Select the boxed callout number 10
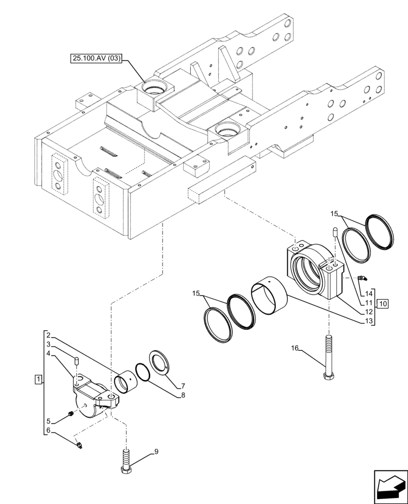382,303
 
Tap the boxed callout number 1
37,378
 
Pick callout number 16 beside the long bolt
295,348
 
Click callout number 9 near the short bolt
156,452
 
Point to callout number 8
183,396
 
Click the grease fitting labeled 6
79,444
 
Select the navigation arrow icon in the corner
389,486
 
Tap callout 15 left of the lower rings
196,293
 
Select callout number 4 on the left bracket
47,354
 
